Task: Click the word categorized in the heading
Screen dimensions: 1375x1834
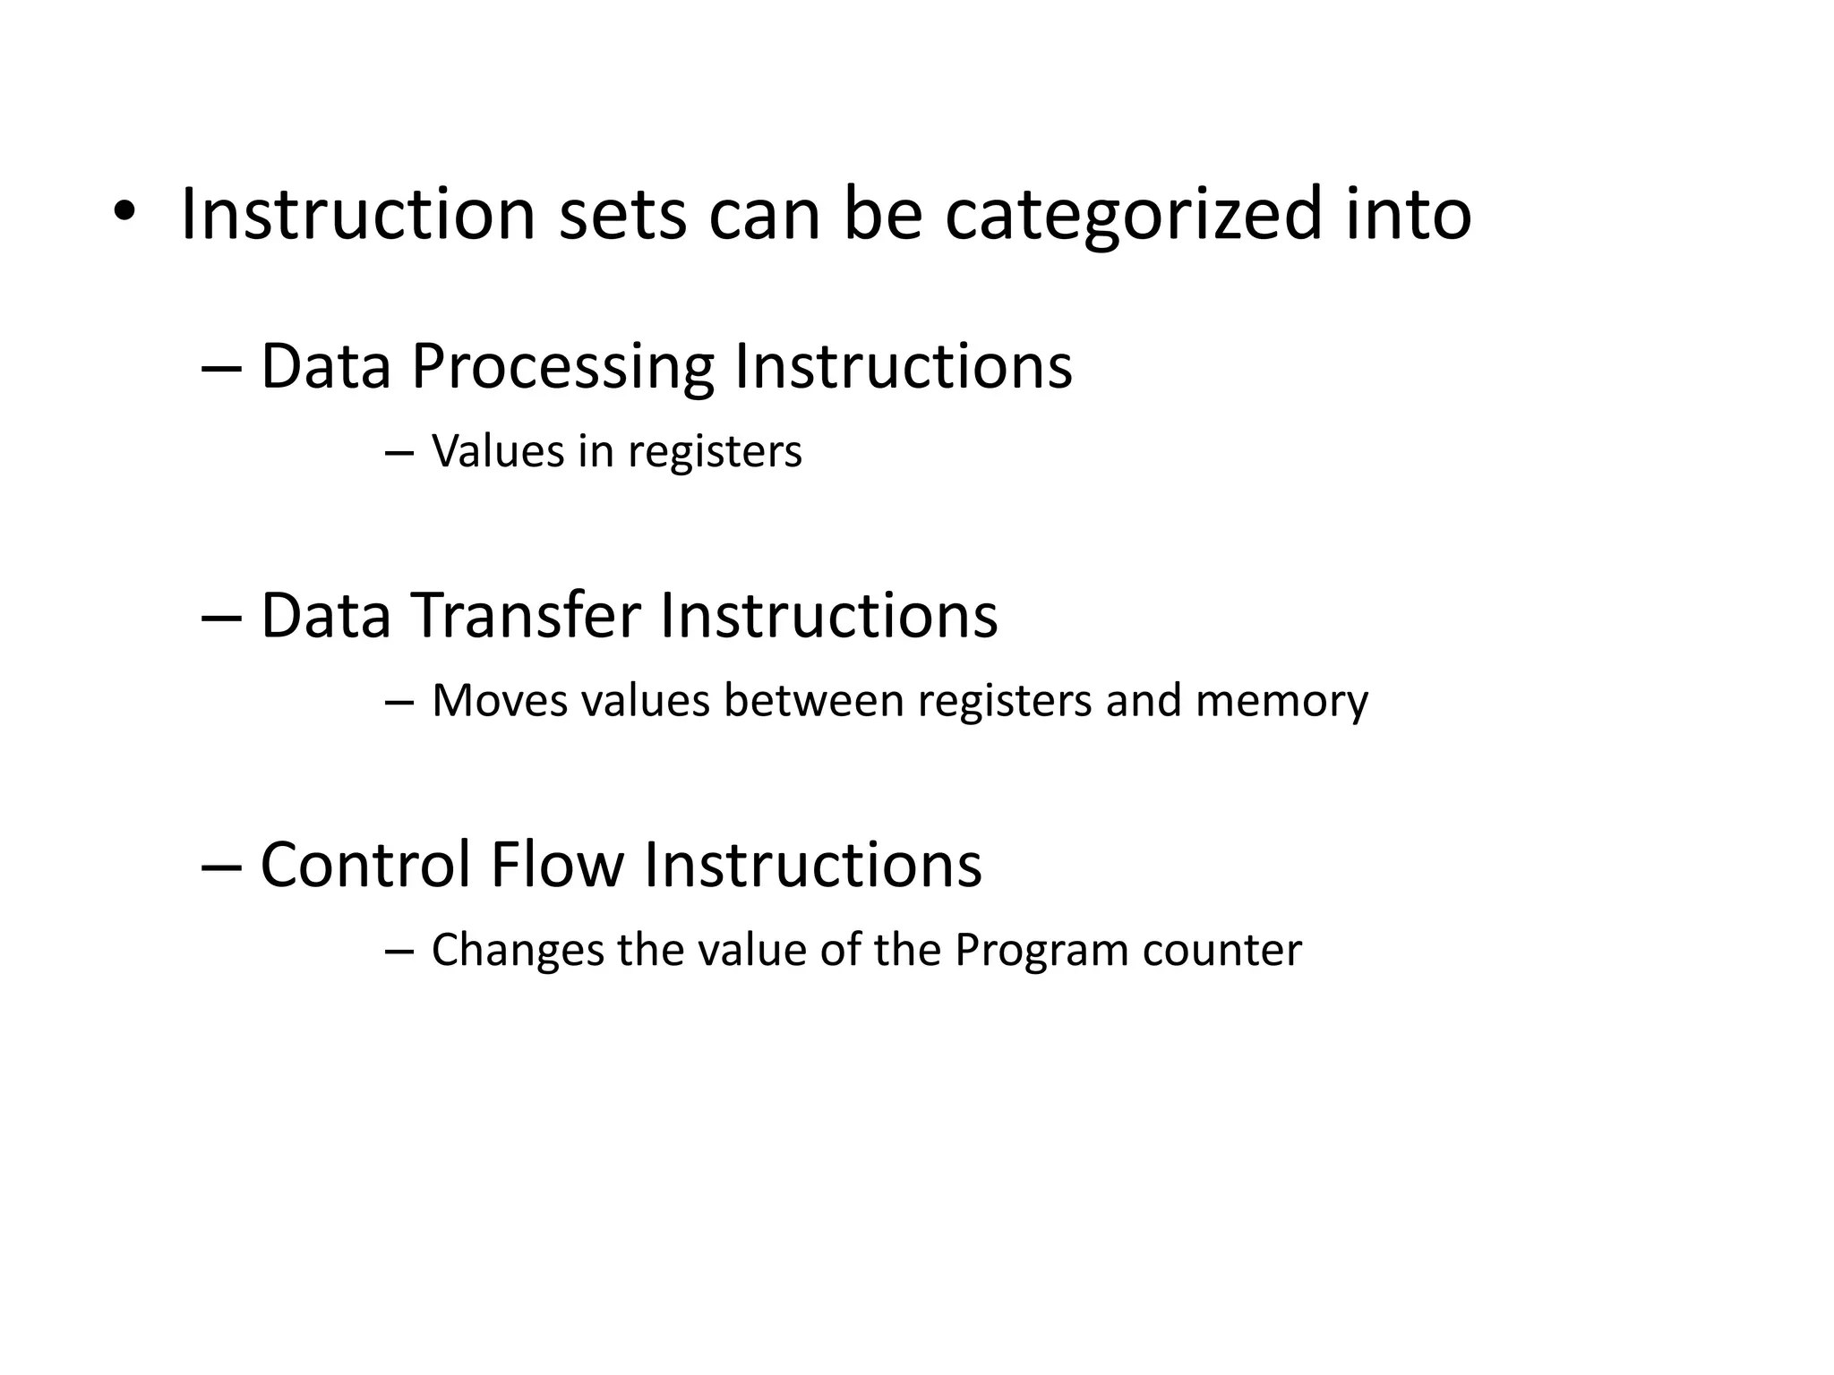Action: click(1133, 215)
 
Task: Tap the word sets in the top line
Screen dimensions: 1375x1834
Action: click(622, 215)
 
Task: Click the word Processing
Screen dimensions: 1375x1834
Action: click(562, 367)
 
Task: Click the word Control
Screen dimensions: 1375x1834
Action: click(365, 866)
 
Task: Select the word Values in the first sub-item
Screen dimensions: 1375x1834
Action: click(497, 451)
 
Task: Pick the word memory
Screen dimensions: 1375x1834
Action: click(1281, 701)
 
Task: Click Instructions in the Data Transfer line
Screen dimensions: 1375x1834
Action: click(828, 617)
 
